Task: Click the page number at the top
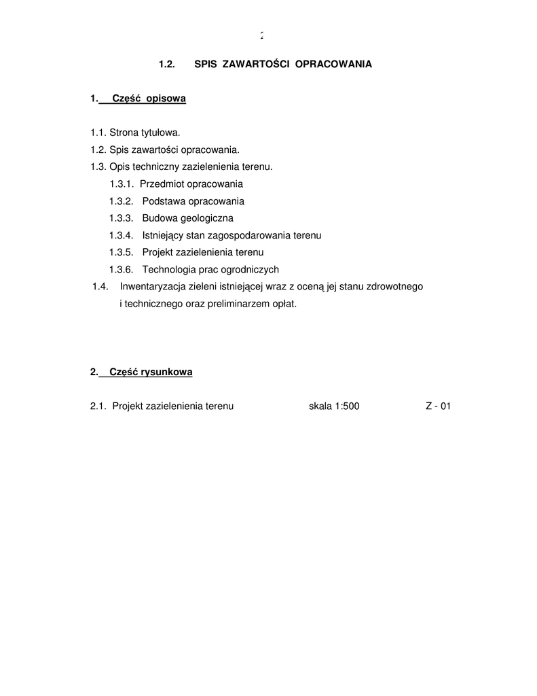261,36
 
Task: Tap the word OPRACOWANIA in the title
333,65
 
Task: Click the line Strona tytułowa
135,133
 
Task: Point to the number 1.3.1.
122,184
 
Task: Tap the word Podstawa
164,201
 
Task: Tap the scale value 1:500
347,406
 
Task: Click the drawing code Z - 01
438,406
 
